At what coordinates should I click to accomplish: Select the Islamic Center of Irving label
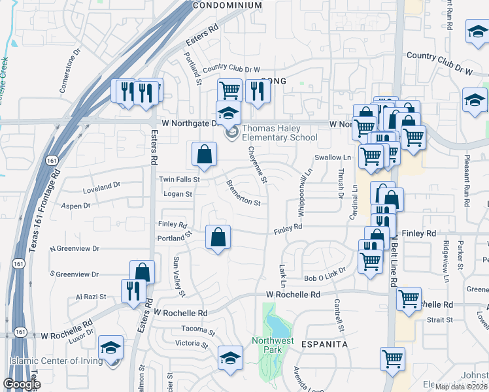(x=56, y=361)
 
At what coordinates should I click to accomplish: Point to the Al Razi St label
(x=91, y=297)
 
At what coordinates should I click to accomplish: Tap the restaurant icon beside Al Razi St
(x=133, y=291)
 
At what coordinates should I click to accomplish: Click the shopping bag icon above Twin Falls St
(x=205, y=155)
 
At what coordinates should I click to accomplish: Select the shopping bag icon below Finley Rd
(x=218, y=238)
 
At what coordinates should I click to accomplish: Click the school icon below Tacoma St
(x=229, y=357)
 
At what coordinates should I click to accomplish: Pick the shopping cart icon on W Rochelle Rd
(x=409, y=299)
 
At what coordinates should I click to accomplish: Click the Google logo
(x=22, y=385)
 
